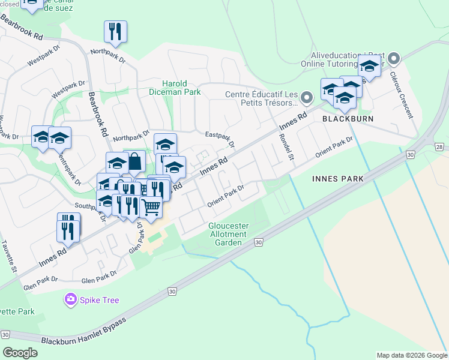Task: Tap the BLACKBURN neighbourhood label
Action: click(348, 119)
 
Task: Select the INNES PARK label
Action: click(337, 179)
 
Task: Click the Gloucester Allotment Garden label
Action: click(228, 234)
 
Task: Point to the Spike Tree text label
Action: click(100, 300)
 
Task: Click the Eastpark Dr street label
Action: click(220, 140)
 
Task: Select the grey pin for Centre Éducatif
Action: click(307, 97)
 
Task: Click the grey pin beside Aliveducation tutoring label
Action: click(394, 58)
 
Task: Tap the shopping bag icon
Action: click(134, 161)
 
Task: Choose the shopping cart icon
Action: click(151, 207)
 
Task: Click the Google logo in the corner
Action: click(20, 352)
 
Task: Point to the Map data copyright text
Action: click(411, 355)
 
